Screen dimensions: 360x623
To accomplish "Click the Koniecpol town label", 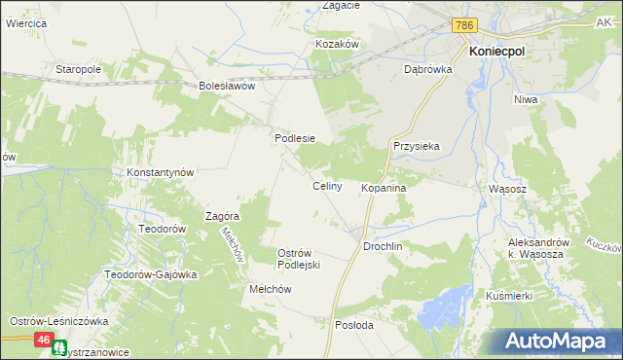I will point(497,54).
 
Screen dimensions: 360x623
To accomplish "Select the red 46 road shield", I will point(44,340).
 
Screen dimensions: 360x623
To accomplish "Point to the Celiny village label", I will point(326,186).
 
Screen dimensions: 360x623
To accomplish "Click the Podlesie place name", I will point(295,138).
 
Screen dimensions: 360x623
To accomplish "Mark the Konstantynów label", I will point(162,172).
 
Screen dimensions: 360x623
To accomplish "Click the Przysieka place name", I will point(417,146).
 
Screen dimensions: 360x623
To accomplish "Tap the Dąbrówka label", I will point(424,70).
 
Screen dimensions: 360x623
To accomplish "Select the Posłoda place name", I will point(354,325).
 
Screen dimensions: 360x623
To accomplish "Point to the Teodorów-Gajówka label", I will point(151,274).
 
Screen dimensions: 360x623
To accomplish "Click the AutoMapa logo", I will point(556,341).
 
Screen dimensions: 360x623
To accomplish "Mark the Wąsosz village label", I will point(506,190).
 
